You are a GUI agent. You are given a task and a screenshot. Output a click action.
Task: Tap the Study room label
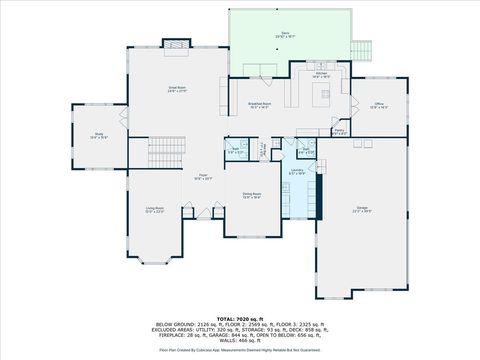[99, 136]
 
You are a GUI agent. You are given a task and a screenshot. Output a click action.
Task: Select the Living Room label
[152, 211]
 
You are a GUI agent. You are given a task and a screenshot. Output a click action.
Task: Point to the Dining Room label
[251, 197]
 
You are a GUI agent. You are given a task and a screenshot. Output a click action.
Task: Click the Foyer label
[201, 178]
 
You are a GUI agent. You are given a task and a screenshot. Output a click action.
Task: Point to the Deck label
[286, 36]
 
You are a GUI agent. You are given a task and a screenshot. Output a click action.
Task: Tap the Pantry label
[339, 131]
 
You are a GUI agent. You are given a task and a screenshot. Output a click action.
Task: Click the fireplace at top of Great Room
[176, 44]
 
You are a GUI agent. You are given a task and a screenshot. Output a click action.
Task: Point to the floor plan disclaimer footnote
[239, 351]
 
